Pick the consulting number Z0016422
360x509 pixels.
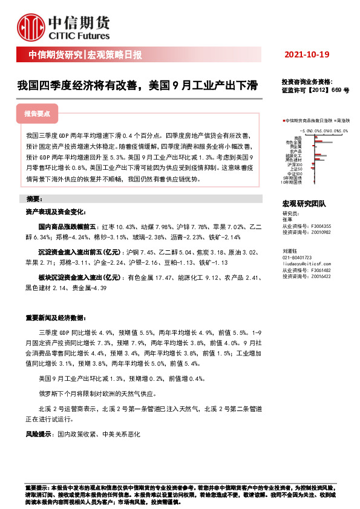click(320, 276)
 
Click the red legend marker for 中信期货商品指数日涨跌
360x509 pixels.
click(283, 121)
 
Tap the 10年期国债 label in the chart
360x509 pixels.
click(293, 182)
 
